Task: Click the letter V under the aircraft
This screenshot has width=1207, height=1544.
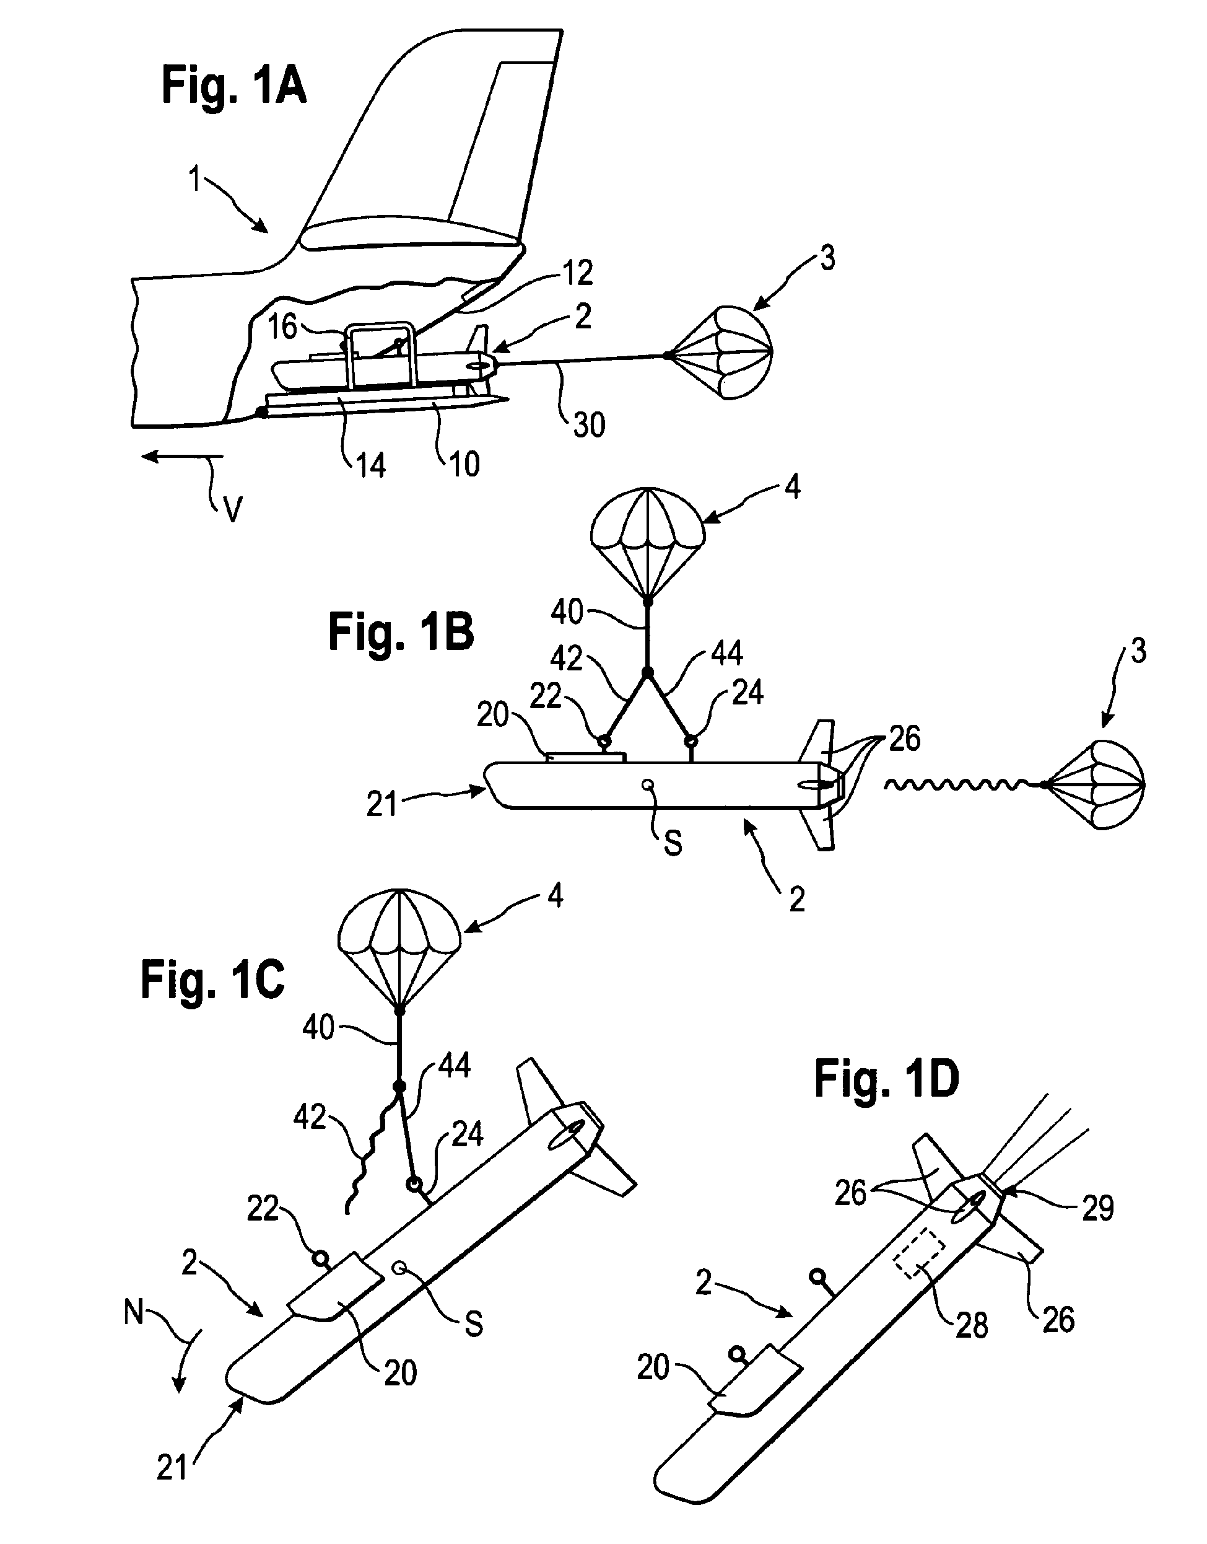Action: (x=232, y=509)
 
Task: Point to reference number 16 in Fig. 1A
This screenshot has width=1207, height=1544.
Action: (x=282, y=327)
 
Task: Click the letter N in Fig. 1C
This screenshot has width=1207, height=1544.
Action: (x=134, y=1312)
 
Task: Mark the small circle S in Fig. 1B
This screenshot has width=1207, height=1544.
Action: (x=646, y=784)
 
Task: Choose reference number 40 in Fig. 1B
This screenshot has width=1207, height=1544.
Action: (x=567, y=612)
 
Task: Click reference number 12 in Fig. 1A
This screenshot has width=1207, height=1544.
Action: (x=578, y=273)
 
